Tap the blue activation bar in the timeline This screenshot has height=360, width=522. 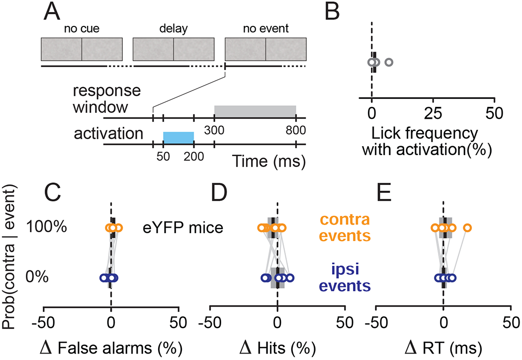click(178, 138)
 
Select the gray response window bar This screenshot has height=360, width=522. click(255, 111)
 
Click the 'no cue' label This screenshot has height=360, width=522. click(81, 29)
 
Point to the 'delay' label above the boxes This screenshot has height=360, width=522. click(174, 29)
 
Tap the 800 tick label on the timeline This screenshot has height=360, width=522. click(296, 131)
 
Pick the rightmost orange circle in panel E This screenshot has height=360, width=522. click(467, 228)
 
